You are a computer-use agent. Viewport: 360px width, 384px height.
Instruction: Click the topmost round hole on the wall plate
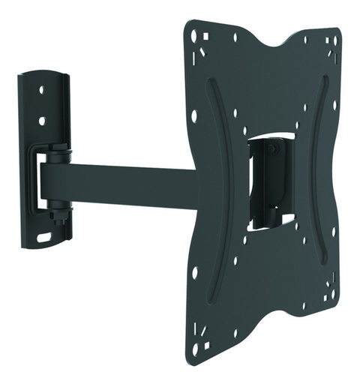tap(41, 89)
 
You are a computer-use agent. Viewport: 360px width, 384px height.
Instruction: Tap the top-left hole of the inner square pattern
tap(235, 112)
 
